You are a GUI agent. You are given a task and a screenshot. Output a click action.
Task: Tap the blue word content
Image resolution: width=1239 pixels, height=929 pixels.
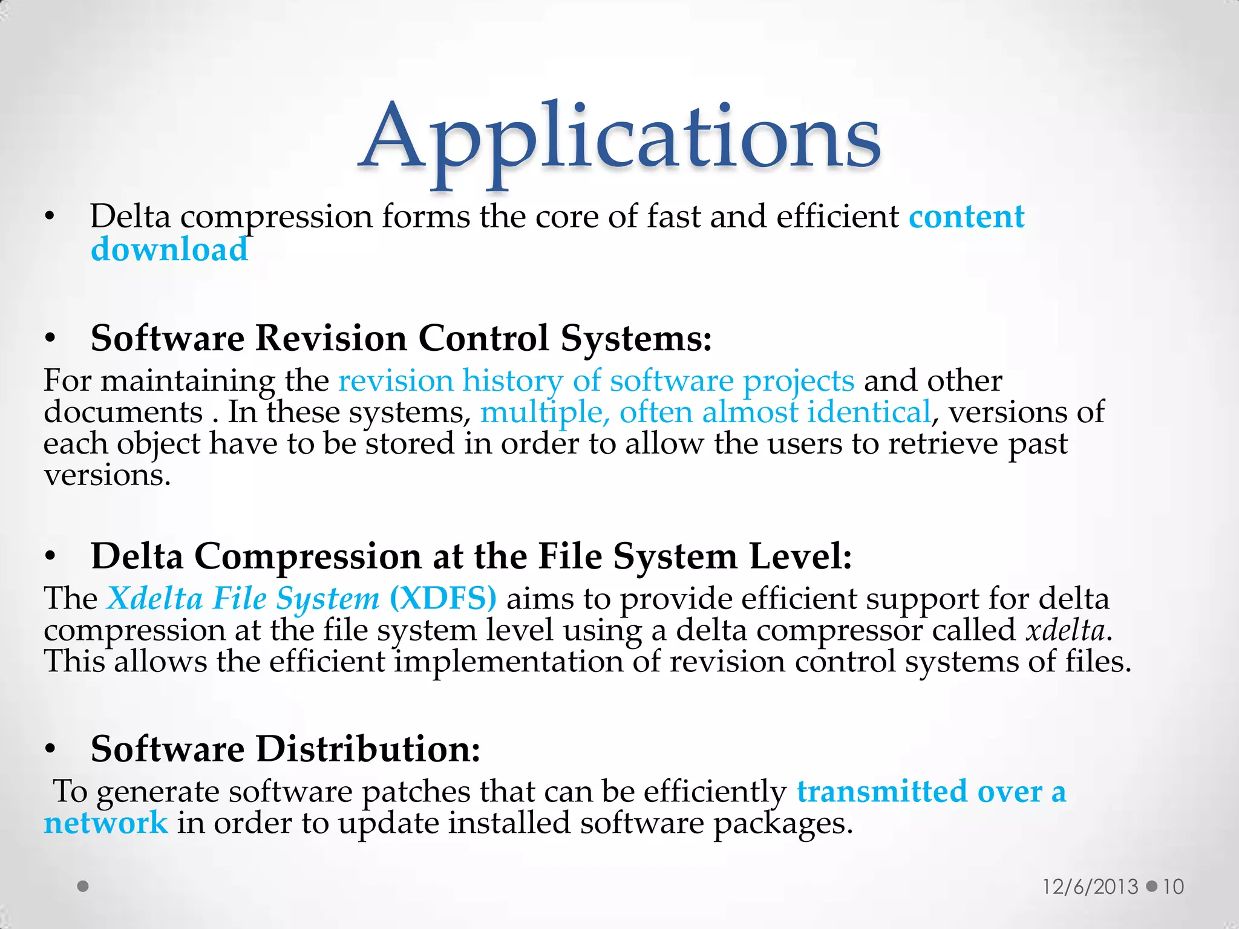tap(967, 217)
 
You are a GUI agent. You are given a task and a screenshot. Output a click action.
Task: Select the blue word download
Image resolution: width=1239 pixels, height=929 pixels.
tap(169, 249)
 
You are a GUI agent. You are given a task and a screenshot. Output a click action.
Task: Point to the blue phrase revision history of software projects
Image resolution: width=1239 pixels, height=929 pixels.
tap(596, 381)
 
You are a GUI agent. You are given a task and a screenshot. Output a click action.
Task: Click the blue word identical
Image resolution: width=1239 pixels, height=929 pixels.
tap(869, 412)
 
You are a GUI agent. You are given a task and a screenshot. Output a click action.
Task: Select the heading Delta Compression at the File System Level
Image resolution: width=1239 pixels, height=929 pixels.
tap(471, 556)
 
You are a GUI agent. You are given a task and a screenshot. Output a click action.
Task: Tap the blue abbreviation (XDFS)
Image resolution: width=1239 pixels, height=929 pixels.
tap(443, 599)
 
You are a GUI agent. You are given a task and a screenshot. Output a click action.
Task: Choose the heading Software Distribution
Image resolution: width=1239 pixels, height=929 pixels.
tap(285, 749)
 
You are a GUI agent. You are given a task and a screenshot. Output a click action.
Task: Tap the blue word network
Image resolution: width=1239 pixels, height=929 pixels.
tap(106, 823)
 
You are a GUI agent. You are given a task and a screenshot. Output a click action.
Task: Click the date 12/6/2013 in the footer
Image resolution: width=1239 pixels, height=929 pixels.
tap(1090, 887)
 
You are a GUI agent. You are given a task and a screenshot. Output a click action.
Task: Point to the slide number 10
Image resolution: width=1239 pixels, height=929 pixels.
tap(1173, 887)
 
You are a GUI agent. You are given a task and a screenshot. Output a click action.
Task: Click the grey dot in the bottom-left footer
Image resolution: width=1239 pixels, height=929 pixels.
tap(83, 887)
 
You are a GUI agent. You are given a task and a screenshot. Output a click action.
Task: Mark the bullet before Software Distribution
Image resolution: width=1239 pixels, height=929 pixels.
tap(50, 750)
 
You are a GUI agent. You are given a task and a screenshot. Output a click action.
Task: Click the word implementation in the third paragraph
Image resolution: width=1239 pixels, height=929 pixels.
tap(508, 662)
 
